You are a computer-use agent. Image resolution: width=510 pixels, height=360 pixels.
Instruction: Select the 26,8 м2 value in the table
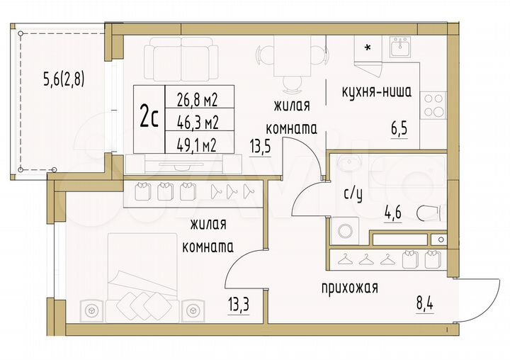coord(191,100)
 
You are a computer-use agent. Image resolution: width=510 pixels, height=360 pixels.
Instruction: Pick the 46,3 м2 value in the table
coord(191,121)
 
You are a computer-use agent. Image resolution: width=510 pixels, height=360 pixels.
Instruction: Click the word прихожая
coord(349,288)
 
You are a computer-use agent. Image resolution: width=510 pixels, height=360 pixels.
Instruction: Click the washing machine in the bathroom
coord(346,231)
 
